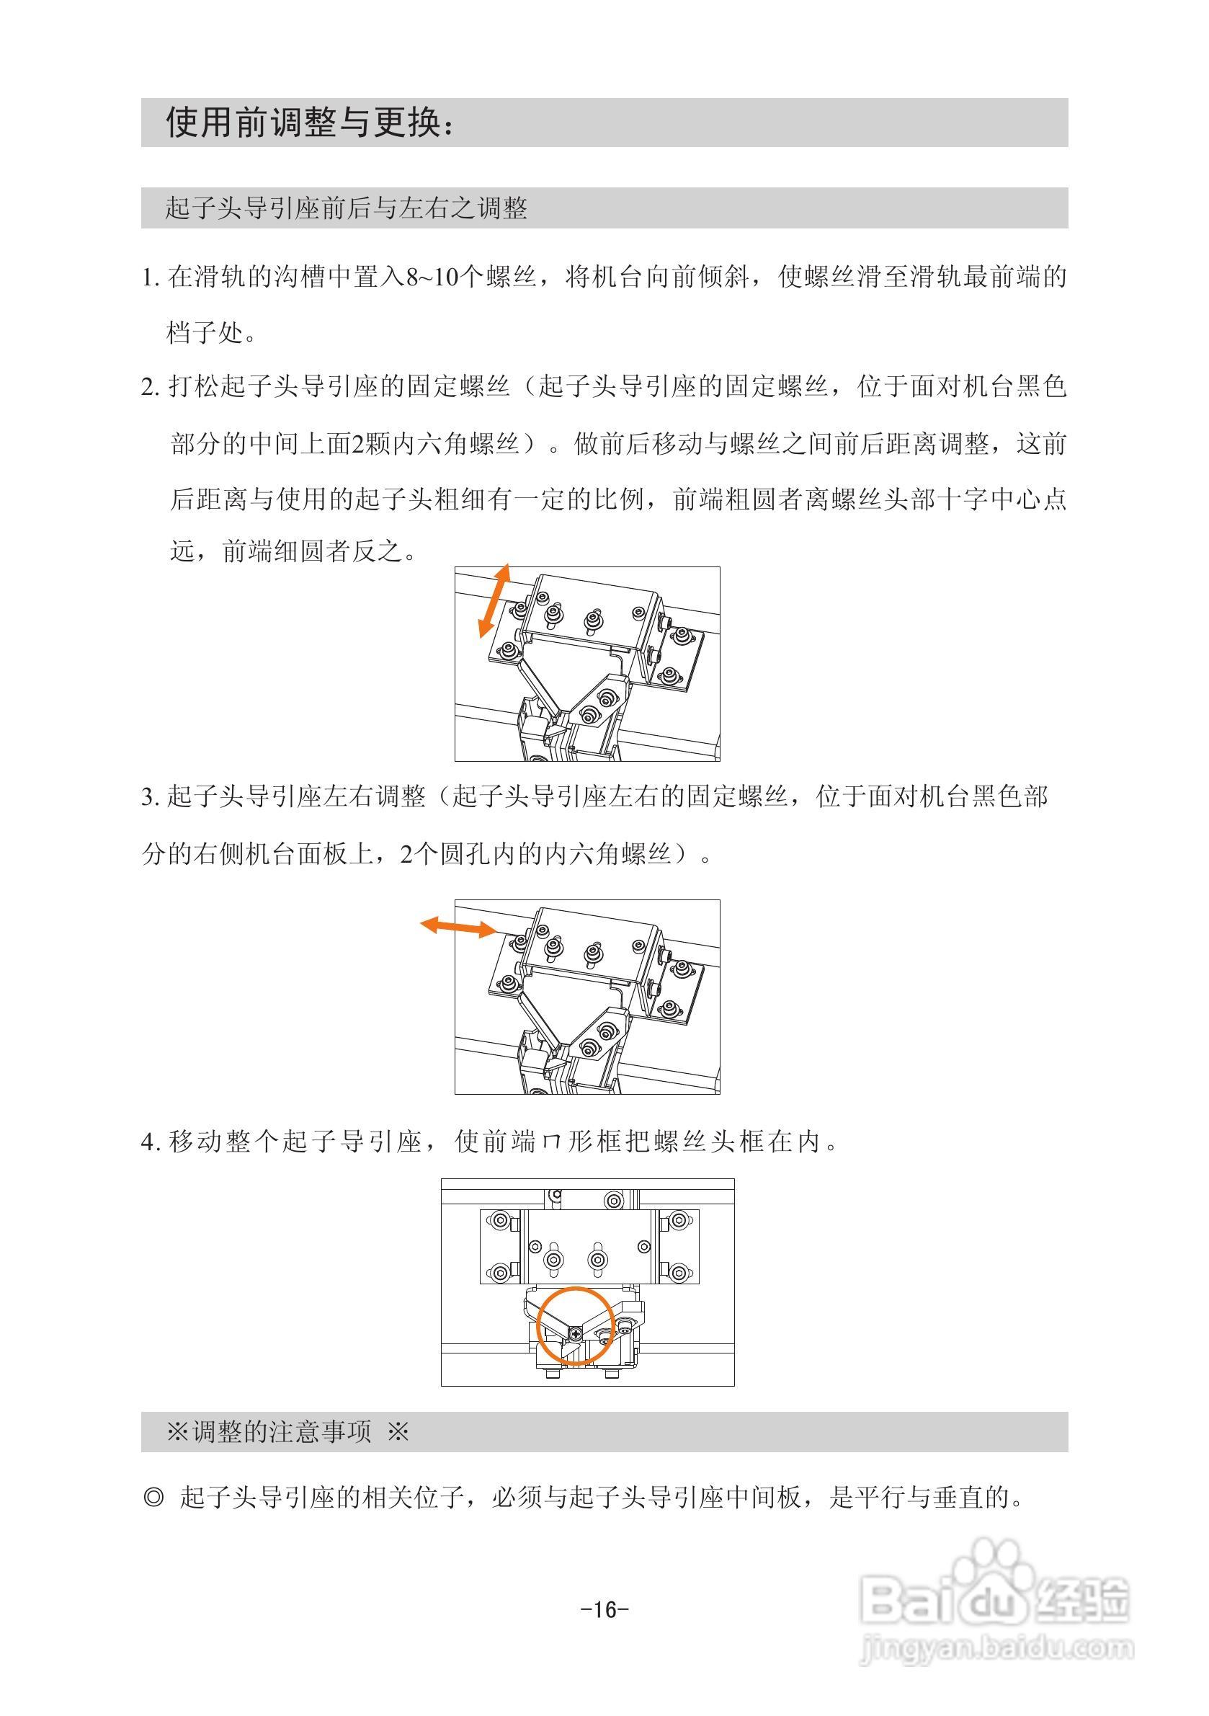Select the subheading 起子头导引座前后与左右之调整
346,208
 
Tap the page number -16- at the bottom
604,1609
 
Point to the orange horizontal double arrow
458,927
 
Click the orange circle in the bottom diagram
576,1325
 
